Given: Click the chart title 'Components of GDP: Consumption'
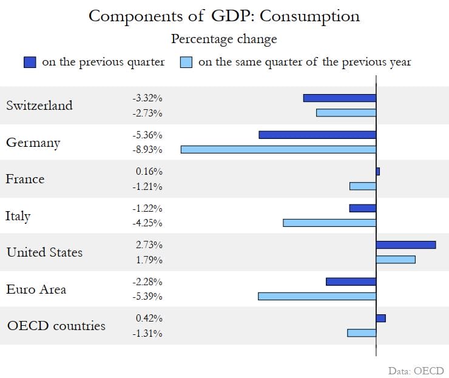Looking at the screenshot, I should pyautogui.click(x=224, y=16).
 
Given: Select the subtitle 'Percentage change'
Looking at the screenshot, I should pyautogui.click(x=224, y=39).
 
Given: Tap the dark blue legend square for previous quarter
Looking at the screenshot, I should pyautogui.click(x=30, y=62).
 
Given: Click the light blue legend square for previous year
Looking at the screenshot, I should pyautogui.click(x=187, y=62).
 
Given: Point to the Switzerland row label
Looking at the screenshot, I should pyautogui.click(x=39, y=105).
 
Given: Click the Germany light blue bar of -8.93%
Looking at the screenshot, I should pyautogui.click(x=279, y=149).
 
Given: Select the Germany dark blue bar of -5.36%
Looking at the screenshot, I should pyautogui.click(x=317, y=135).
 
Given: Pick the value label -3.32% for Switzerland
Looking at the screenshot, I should pyautogui.click(x=147, y=98).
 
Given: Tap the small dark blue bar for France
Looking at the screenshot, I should pyautogui.click(x=378, y=172).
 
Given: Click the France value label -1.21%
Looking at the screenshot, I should pyautogui.click(x=147, y=186).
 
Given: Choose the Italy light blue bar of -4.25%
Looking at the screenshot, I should pyautogui.click(x=329, y=223).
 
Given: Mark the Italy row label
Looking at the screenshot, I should pyautogui.click(x=18, y=216).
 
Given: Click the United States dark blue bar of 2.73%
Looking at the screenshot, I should pyautogui.click(x=406, y=245).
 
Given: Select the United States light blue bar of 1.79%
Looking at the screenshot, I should pyautogui.click(x=396, y=260).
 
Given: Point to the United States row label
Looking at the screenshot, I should pyautogui.click(x=44, y=252).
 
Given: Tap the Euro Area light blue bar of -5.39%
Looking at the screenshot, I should pyautogui.click(x=317, y=296).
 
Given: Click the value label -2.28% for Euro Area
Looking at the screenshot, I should pyautogui.click(x=147, y=282).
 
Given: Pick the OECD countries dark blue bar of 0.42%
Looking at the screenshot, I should pyautogui.click(x=381, y=318).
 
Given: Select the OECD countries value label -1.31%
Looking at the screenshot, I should pyautogui.click(x=147, y=333).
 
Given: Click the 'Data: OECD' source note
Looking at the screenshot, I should pyautogui.click(x=416, y=370).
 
